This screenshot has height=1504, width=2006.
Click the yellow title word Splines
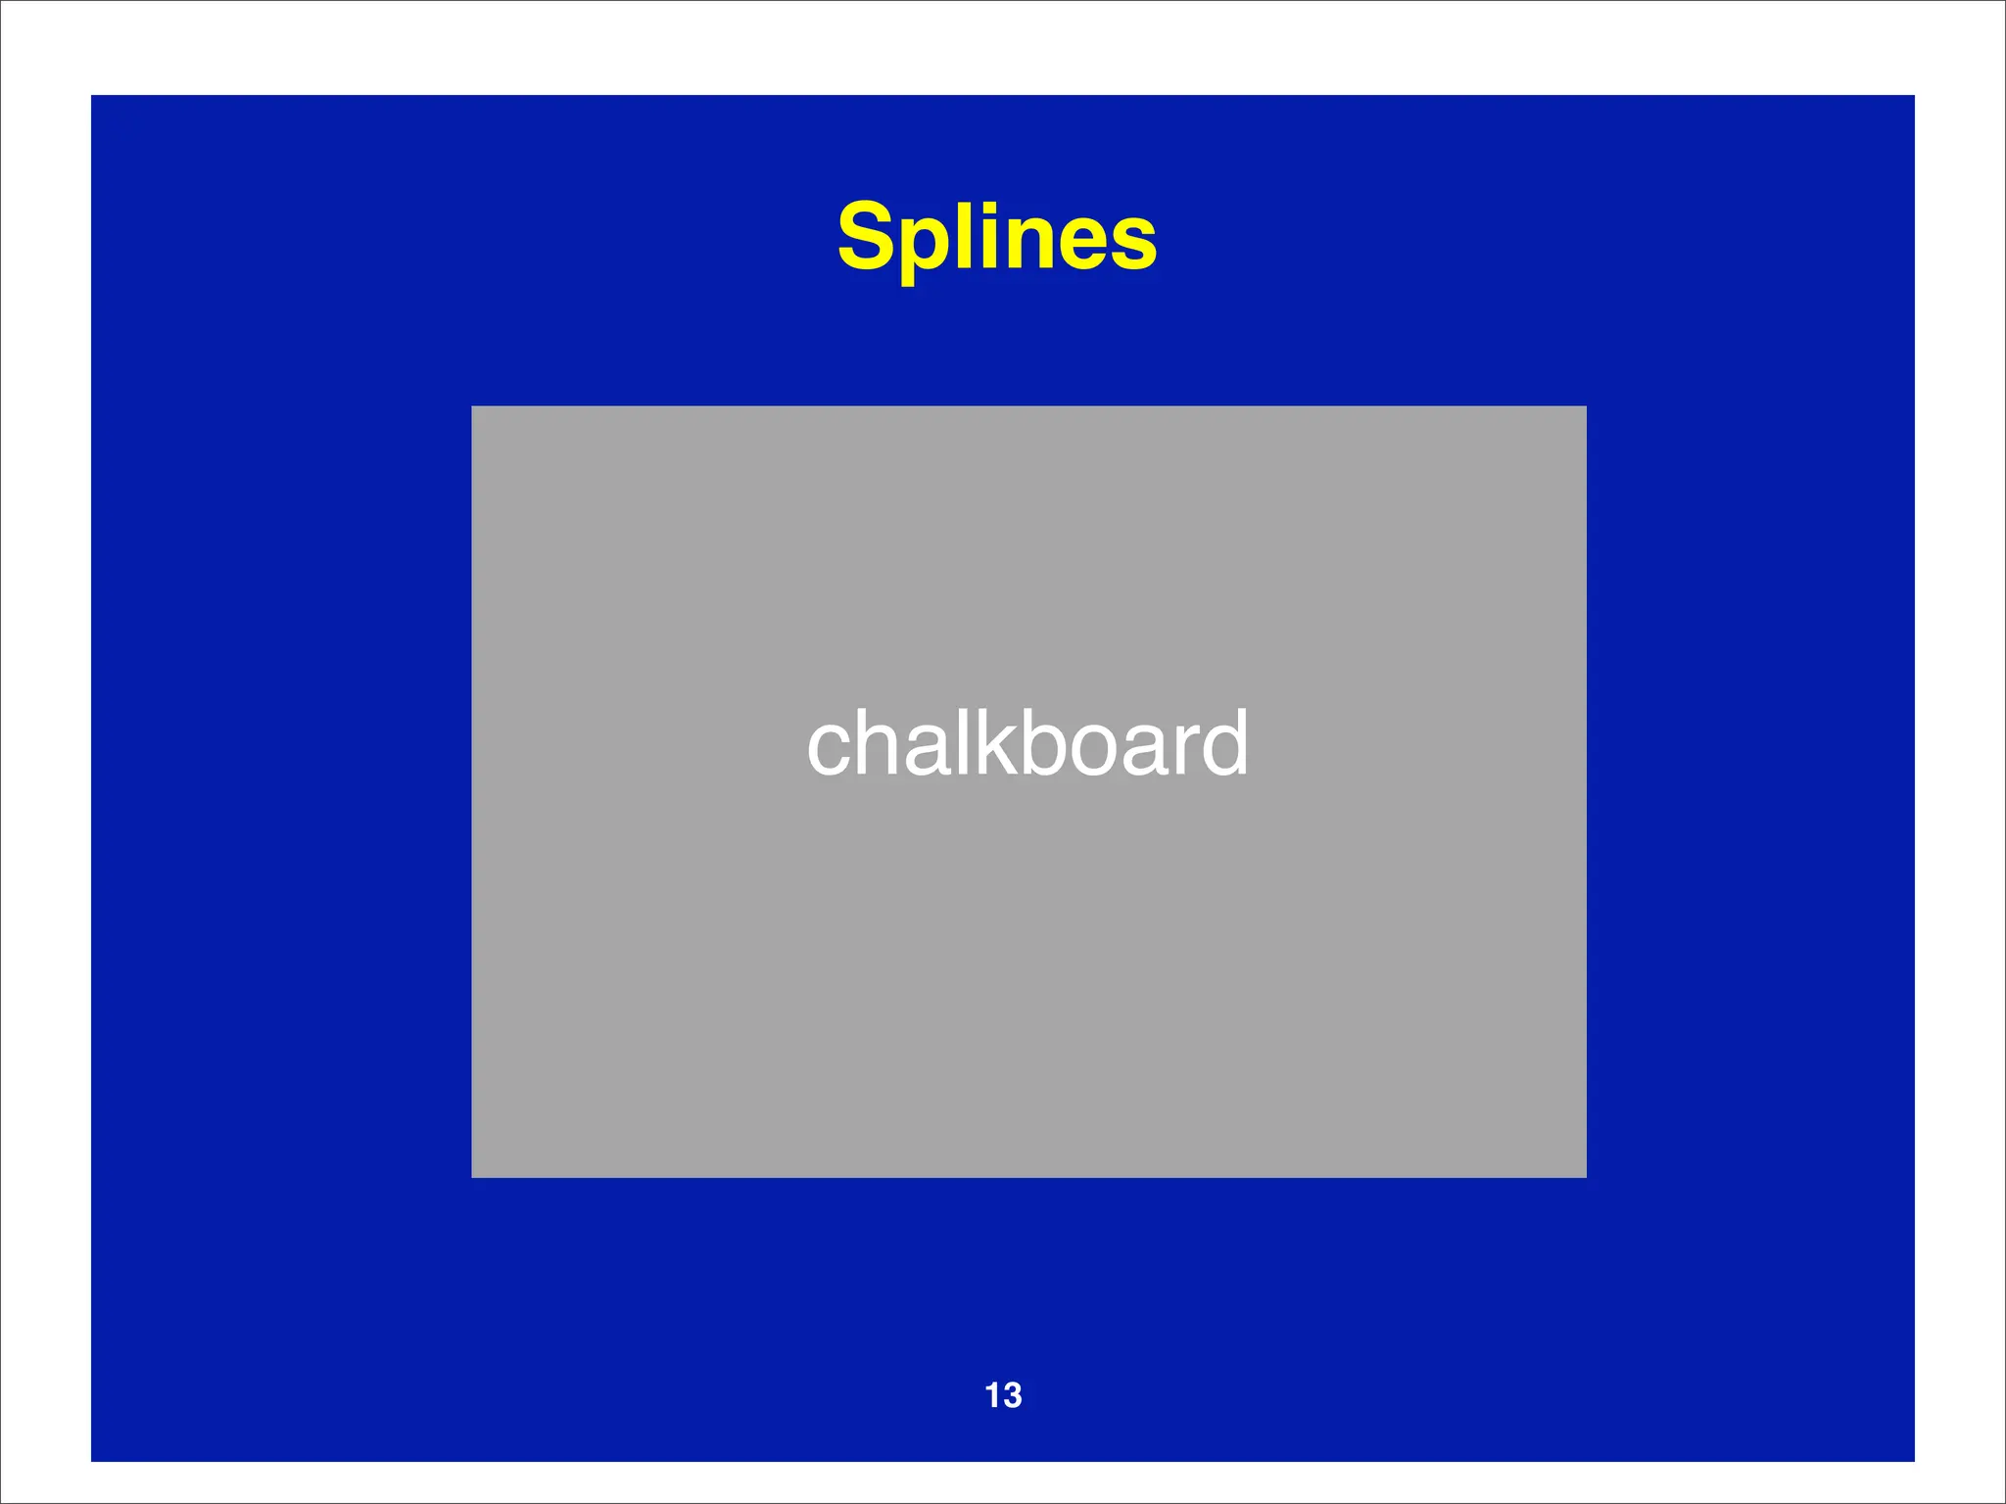click(x=997, y=237)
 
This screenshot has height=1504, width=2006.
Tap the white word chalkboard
click(x=1027, y=744)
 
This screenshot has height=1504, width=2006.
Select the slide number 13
click(x=1003, y=1395)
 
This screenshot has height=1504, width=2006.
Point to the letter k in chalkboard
click(x=990, y=744)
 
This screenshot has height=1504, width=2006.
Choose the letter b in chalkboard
click(x=1038, y=744)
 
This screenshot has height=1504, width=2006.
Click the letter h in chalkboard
click(x=879, y=744)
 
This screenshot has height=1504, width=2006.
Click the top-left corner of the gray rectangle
click(x=472, y=406)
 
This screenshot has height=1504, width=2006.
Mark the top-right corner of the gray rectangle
click(x=1586, y=406)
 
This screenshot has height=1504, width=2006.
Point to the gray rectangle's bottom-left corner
click(x=472, y=1177)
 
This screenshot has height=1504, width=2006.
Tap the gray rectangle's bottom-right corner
click(x=1586, y=1177)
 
